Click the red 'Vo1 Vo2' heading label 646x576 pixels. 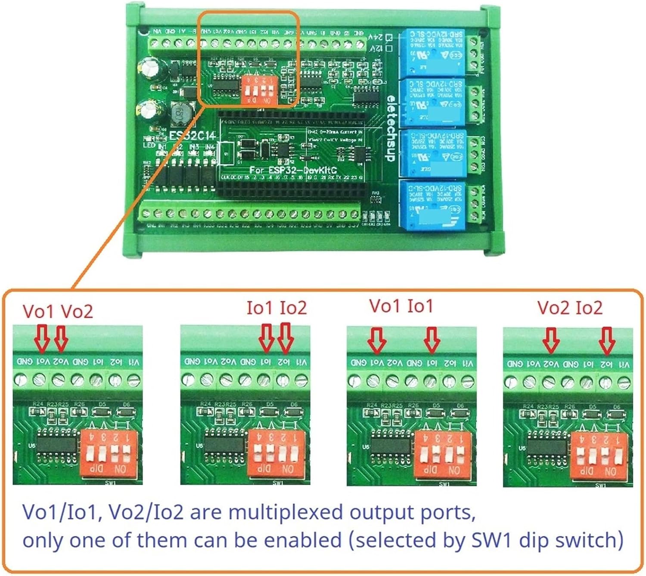click(x=57, y=311)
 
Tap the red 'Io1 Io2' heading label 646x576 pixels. click(x=276, y=308)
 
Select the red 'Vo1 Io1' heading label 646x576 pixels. click(x=401, y=306)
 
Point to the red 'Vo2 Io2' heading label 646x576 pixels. click(x=570, y=308)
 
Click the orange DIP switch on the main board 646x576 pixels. click(x=258, y=89)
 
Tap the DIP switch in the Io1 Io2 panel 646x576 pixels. click(x=276, y=455)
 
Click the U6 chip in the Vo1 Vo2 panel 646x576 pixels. click(x=56, y=445)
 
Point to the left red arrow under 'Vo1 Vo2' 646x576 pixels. click(x=42, y=338)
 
